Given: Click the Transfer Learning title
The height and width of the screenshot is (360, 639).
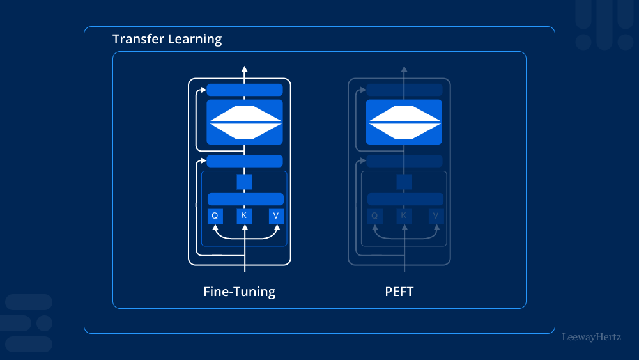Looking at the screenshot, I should click(x=167, y=39).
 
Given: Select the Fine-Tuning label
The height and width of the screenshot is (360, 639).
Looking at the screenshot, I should click(x=239, y=292).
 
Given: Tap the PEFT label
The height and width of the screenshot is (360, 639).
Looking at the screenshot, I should click(x=399, y=292).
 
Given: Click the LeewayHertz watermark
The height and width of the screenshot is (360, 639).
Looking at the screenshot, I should click(x=591, y=336).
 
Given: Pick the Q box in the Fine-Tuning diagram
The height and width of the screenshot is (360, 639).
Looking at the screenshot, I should click(x=215, y=216).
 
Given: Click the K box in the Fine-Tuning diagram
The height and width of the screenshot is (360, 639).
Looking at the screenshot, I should click(x=244, y=216).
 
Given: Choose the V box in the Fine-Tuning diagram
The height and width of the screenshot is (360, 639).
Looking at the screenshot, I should click(x=276, y=216).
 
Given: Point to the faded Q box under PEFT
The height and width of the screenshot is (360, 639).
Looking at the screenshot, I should click(x=374, y=216).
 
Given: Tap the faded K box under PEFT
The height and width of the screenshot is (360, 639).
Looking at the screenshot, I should click(x=404, y=216).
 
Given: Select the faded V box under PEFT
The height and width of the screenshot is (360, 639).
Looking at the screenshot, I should click(x=436, y=216).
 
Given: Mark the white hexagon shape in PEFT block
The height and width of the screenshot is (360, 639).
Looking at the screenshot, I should click(x=404, y=122).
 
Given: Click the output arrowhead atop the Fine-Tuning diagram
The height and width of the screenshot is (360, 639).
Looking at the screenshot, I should click(x=244, y=68).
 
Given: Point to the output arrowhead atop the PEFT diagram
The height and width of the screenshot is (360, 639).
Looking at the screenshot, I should click(x=404, y=68).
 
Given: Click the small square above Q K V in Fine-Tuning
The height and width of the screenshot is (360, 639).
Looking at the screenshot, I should click(x=244, y=182).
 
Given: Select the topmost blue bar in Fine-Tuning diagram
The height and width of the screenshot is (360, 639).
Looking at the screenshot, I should click(x=245, y=90).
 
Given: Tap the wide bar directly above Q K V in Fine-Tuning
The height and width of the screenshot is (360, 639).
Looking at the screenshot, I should click(x=245, y=199).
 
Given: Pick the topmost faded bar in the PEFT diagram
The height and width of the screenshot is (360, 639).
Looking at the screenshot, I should click(x=404, y=90).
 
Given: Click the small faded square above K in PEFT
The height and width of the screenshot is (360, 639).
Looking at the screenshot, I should click(x=404, y=182).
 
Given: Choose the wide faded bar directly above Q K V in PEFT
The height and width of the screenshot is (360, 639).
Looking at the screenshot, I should click(x=405, y=199).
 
